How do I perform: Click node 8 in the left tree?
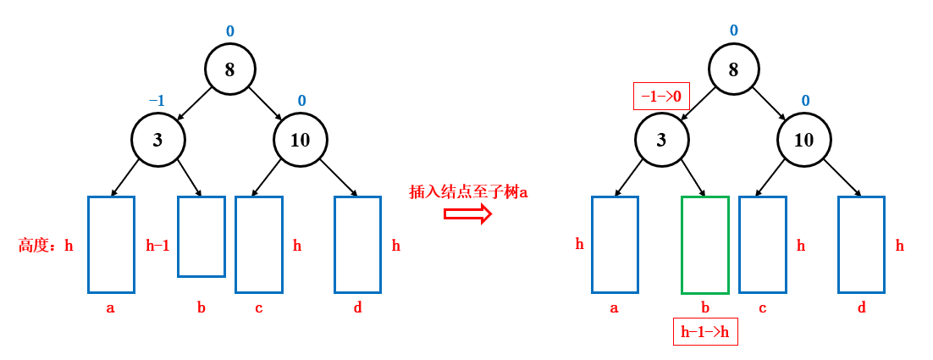coord(229,69)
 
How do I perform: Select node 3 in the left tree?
coord(157,139)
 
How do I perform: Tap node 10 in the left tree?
coord(301,139)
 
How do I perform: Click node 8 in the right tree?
coord(733,69)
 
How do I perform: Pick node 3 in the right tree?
coord(661,139)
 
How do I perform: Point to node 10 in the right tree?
coord(803,139)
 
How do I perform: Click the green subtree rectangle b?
coord(704,245)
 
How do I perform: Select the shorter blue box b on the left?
coord(202,236)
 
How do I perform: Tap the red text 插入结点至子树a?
coord(468,192)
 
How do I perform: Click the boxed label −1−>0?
coord(661,97)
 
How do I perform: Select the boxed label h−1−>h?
coord(704,332)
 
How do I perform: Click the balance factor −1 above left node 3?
coord(157,101)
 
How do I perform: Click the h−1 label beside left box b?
coord(157,246)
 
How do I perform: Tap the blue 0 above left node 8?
coord(229,31)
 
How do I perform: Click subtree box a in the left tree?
coord(111,245)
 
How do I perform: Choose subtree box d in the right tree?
coord(861,245)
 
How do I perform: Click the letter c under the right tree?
coord(762,307)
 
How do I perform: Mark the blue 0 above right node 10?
coord(805,101)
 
